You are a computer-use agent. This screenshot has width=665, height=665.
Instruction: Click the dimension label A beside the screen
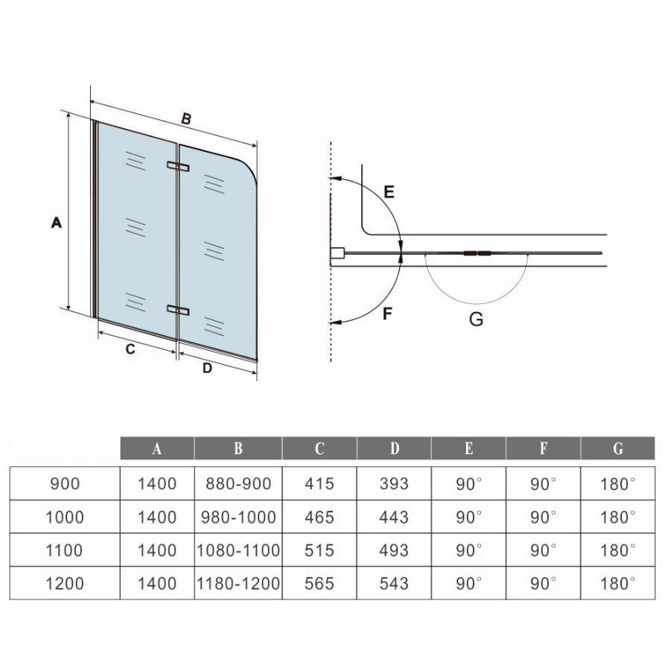pyautogui.click(x=57, y=222)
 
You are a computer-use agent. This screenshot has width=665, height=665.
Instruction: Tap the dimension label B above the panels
pyautogui.click(x=185, y=118)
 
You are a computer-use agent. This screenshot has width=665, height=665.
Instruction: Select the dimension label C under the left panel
pyautogui.click(x=130, y=349)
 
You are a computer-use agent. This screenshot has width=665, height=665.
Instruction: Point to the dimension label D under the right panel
pyautogui.click(x=207, y=368)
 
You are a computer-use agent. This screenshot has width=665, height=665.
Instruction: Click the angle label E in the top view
pyautogui.click(x=389, y=192)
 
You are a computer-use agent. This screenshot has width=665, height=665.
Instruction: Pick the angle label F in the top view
pyautogui.click(x=387, y=314)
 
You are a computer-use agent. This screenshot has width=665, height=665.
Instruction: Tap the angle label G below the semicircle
pyautogui.click(x=477, y=319)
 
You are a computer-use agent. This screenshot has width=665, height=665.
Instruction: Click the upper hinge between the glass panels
pyautogui.click(x=178, y=166)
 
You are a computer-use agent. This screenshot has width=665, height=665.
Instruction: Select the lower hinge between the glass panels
pyautogui.click(x=178, y=311)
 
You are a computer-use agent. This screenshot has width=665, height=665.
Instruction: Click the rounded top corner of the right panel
pyautogui.click(x=251, y=167)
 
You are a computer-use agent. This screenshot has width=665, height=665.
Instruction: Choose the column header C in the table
pyautogui.click(x=319, y=448)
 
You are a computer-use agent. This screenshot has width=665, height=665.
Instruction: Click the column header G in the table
pyautogui.click(x=618, y=448)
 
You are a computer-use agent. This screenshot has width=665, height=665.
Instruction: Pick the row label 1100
pyautogui.click(x=65, y=550)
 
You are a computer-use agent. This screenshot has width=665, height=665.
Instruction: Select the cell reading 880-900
pyautogui.click(x=238, y=483)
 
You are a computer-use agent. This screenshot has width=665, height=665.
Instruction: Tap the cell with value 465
pyautogui.click(x=319, y=517)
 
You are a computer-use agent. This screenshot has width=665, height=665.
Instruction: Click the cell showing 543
pyautogui.click(x=394, y=584)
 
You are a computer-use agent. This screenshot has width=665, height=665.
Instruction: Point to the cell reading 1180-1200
pyautogui.click(x=238, y=584)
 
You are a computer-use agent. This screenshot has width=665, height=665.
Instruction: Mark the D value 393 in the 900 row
pyautogui.click(x=394, y=483)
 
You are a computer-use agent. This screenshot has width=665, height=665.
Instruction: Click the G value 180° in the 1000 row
pyautogui.click(x=618, y=517)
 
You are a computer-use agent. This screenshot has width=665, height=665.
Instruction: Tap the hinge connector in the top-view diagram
pyautogui.click(x=477, y=254)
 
